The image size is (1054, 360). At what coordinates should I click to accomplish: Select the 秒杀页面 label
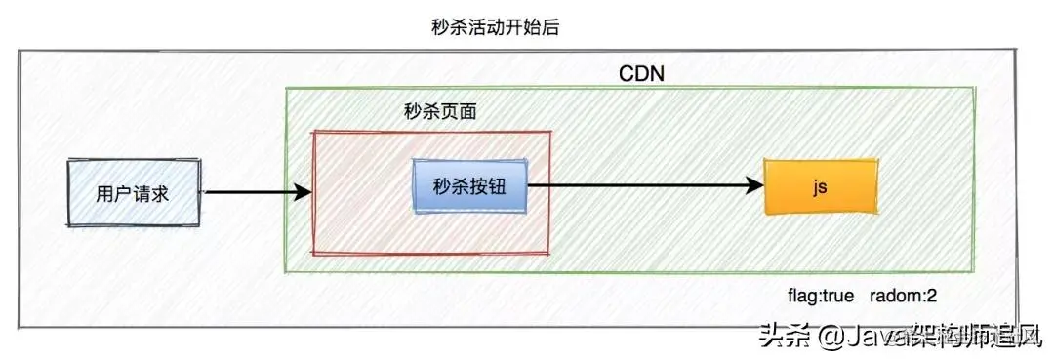(440, 112)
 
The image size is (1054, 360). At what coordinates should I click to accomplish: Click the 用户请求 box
(133, 193)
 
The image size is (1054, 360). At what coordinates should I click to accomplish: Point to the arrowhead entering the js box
(753, 184)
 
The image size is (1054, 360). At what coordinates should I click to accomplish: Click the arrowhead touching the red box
(303, 193)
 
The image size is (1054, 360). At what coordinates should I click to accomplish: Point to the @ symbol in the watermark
(831, 338)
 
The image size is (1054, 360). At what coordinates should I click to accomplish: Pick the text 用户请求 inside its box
(133, 193)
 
